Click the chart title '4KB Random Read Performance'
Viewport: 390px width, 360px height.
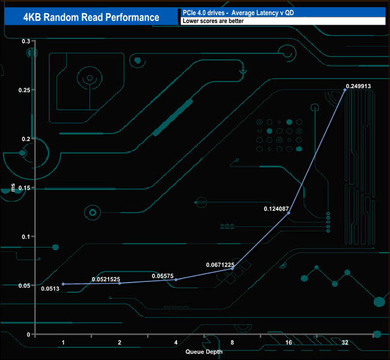point(91,17)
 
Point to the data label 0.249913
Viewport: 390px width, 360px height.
point(358,86)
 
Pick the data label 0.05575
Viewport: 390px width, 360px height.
point(163,276)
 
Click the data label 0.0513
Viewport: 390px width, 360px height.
point(50,289)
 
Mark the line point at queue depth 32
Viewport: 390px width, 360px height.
point(345,90)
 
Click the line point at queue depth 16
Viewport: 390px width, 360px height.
point(289,213)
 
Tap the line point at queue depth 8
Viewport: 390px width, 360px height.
point(232,269)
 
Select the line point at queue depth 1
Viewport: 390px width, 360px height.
point(63,284)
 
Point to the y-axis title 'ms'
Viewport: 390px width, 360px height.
point(13,188)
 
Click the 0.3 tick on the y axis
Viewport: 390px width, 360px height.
point(26,41)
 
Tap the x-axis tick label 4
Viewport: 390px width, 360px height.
point(176,342)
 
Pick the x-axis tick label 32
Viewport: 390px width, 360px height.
point(345,342)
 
